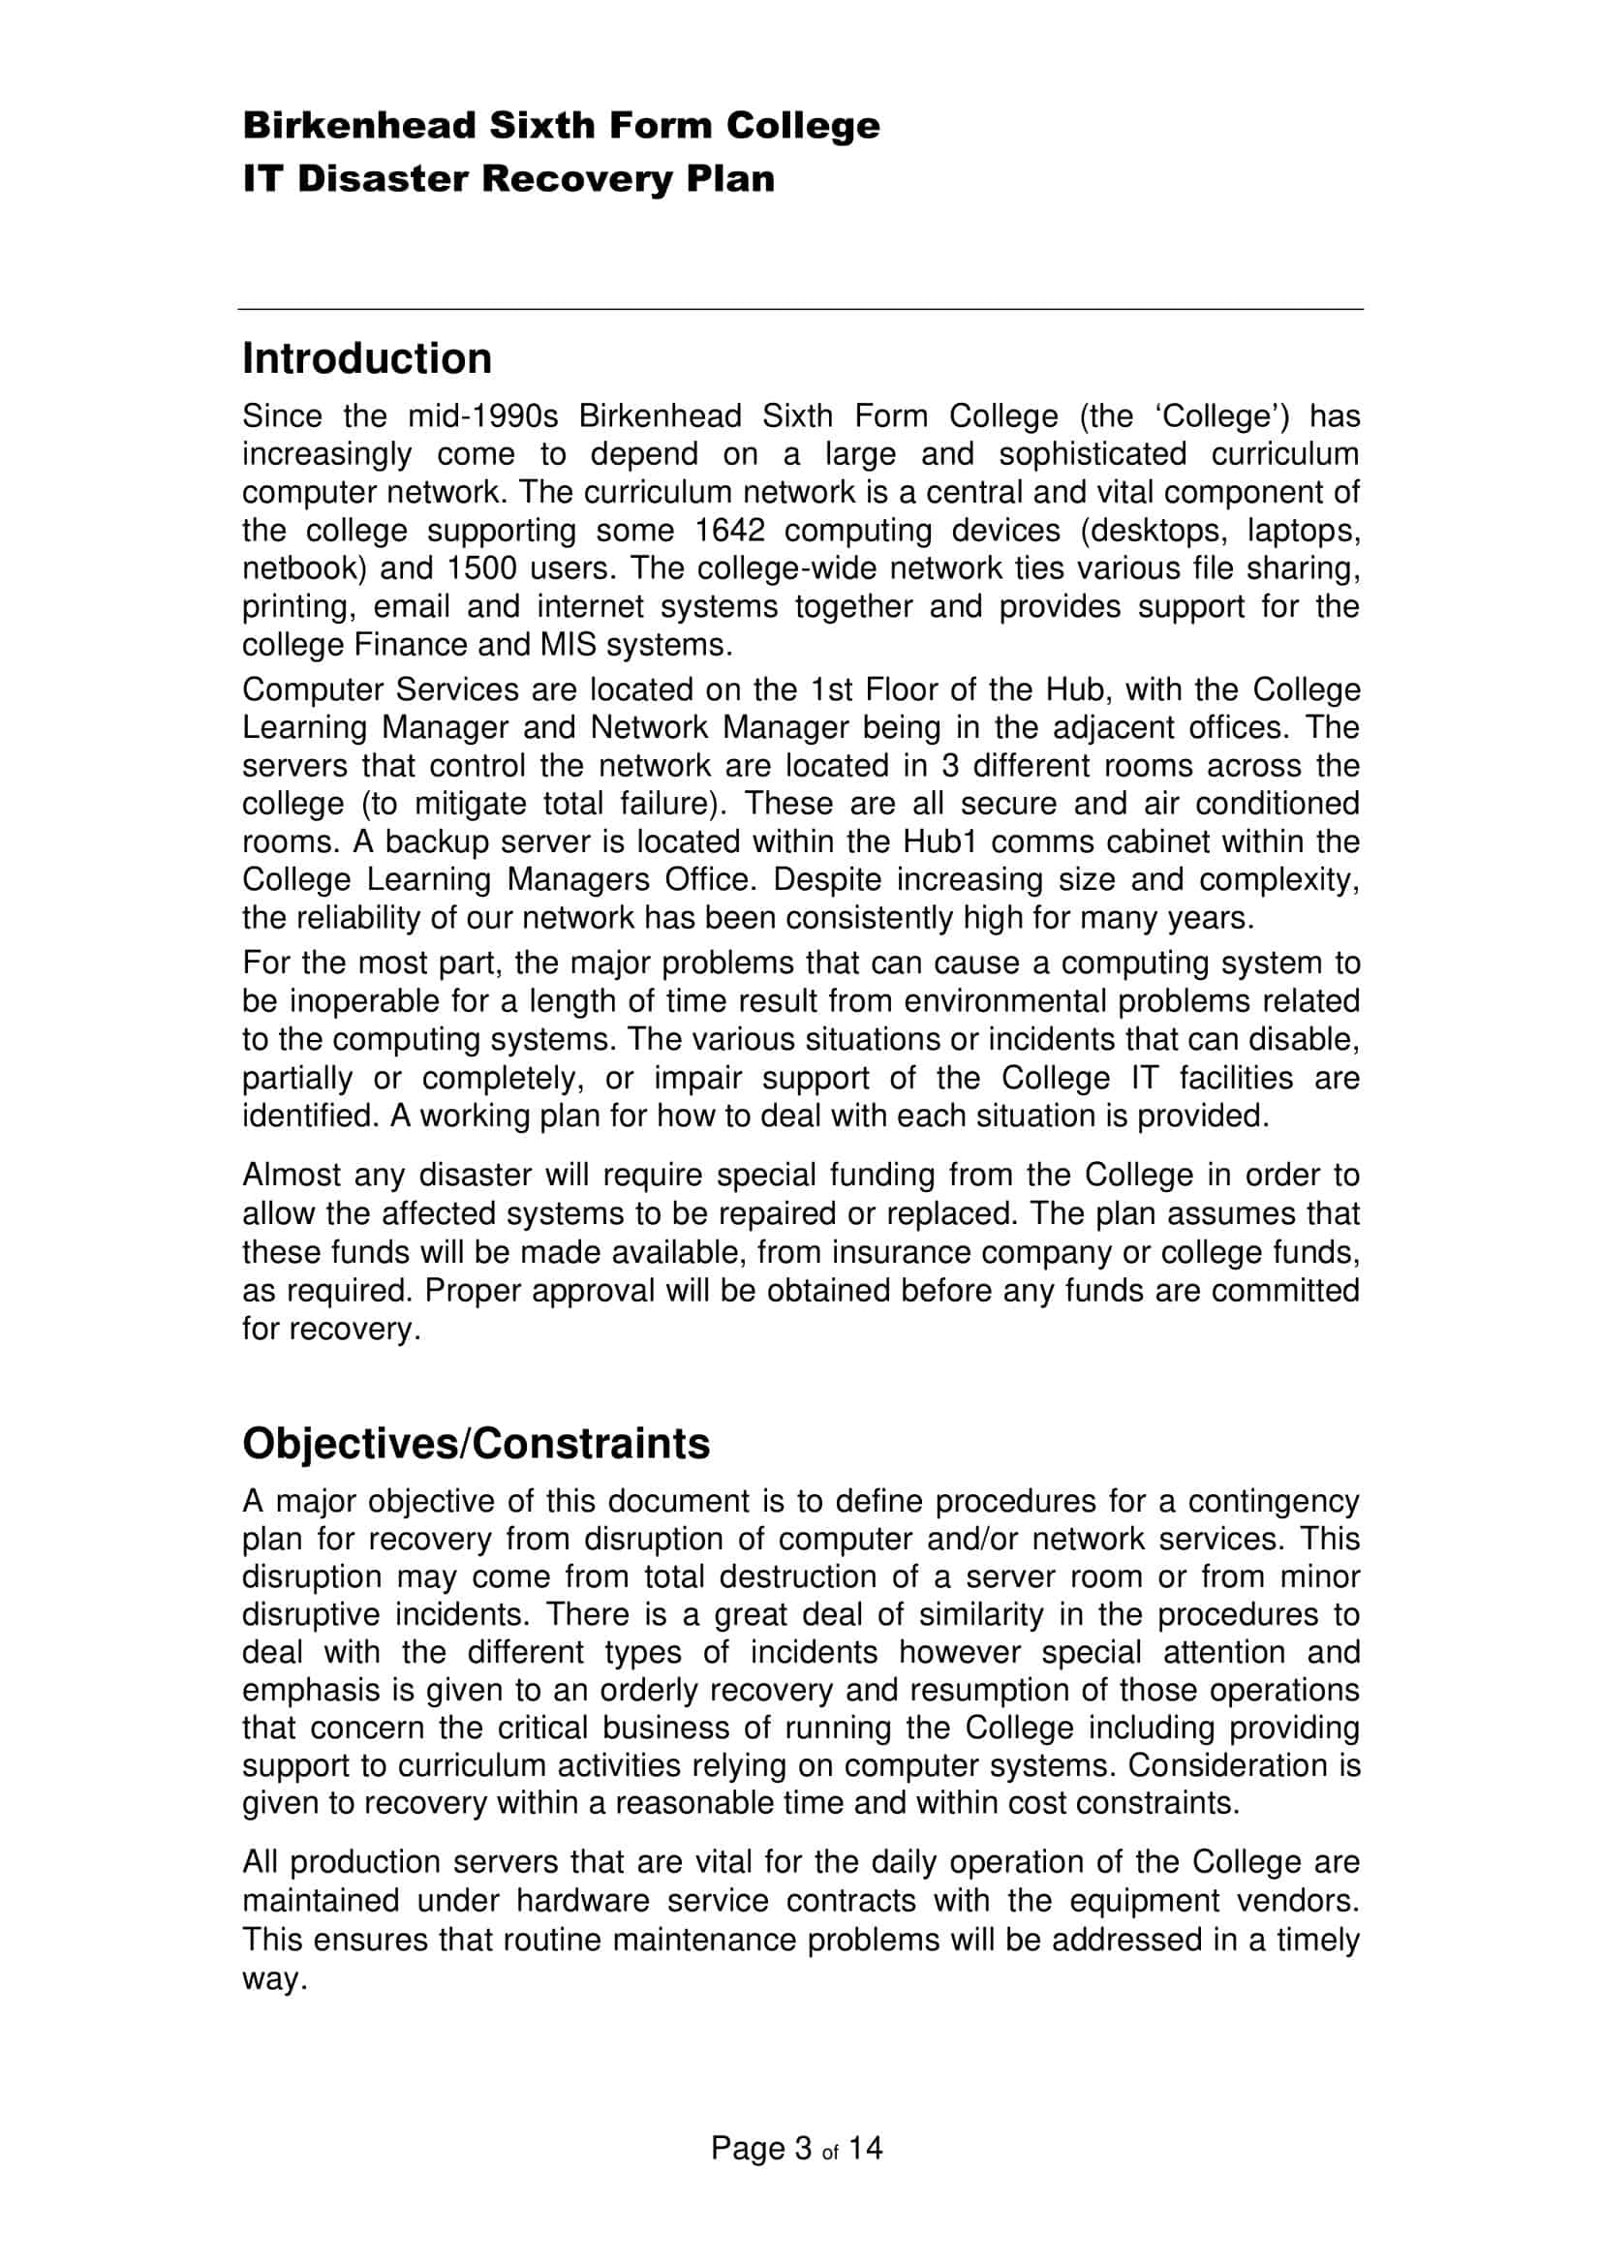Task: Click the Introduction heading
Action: [x=367, y=359]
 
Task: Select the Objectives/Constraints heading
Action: [x=476, y=1444]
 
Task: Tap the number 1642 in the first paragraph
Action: [x=730, y=531]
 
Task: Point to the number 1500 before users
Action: [x=482, y=569]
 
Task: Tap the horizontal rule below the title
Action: [x=800, y=310]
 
